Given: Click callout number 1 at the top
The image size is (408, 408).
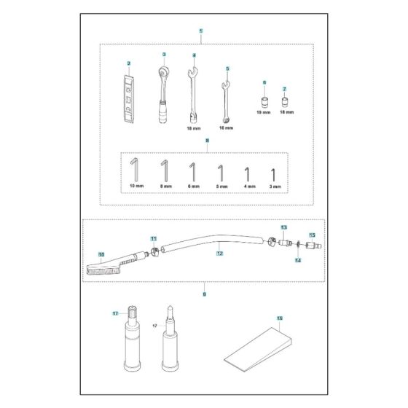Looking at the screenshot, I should (x=201, y=31).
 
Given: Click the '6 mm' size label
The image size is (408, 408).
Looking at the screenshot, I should (x=192, y=187).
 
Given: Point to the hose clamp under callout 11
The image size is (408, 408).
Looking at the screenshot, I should (x=154, y=253).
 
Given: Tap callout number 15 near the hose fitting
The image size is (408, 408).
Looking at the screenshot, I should (x=312, y=235).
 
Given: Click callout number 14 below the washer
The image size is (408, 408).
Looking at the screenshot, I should (x=297, y=260).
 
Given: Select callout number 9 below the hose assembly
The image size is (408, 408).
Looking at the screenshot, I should (x=205, y=294).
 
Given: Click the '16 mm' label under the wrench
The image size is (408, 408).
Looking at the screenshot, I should (x=227, y=127).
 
